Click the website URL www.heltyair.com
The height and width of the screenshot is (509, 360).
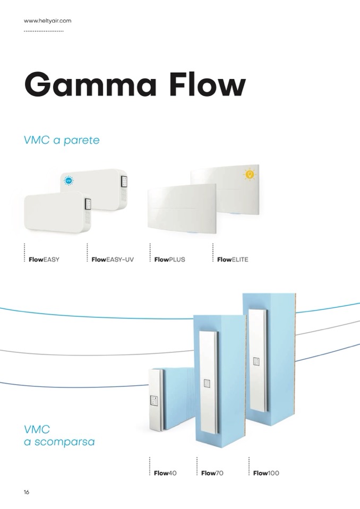coord(48,21)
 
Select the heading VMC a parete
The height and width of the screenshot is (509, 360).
coord(62,141)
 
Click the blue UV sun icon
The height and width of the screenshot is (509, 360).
coord(68,181)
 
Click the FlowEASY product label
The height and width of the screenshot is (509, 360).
coord(44,260)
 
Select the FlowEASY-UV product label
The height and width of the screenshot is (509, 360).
coord(113,260)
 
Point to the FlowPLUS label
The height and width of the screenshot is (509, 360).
coord(169,260)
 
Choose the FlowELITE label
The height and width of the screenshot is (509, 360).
coord(233,260)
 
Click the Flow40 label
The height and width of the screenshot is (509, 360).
coord(165,473)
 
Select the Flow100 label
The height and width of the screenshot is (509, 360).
coord(266,473)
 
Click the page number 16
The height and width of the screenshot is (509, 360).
coord(27,492)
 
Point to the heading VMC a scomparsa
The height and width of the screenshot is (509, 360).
coord(59,435)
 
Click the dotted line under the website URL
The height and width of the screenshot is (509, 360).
coord(44,31)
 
